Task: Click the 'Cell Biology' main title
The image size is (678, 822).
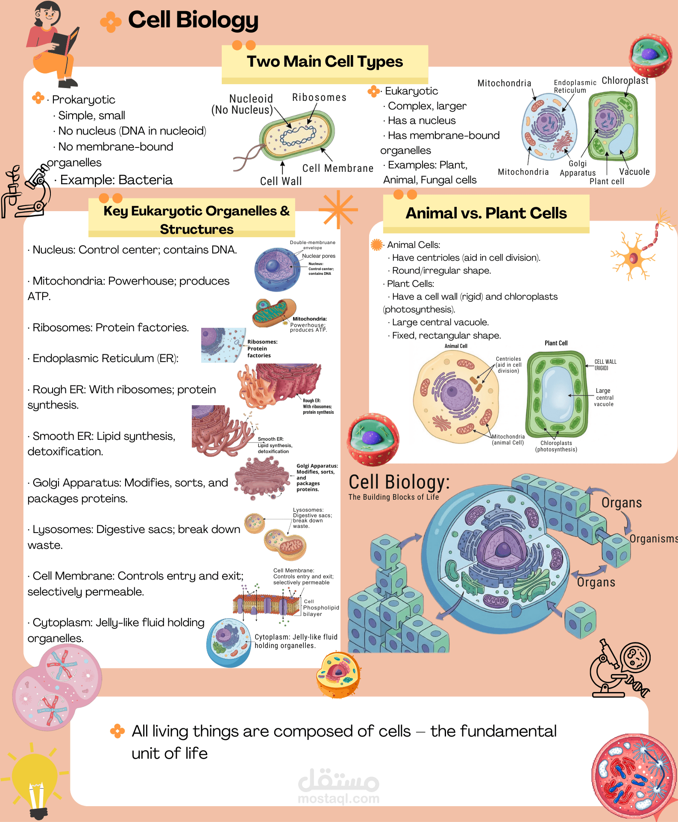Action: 193,20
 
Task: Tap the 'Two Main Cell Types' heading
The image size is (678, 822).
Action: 325,62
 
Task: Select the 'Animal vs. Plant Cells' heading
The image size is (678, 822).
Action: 486,213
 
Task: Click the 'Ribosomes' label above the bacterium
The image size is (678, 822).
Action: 319,97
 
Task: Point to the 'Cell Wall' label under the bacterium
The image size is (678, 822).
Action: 281,181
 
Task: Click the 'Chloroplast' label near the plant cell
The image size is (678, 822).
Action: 625,80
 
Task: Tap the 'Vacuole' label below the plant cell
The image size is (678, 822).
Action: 634,172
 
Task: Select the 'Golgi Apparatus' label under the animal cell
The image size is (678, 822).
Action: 578,168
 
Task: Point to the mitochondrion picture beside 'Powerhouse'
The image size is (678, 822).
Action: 274,312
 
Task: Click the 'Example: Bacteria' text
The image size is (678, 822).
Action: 116,180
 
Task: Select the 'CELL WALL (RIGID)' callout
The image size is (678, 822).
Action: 605,365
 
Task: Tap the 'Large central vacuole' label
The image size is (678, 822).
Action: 604,398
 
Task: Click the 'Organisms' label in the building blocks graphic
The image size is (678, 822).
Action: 654,539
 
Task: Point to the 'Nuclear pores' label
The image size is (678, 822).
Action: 319,256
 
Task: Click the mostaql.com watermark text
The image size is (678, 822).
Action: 338,798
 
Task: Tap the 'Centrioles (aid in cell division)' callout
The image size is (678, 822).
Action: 508,365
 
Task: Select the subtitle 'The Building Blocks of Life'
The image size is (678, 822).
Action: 393,497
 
